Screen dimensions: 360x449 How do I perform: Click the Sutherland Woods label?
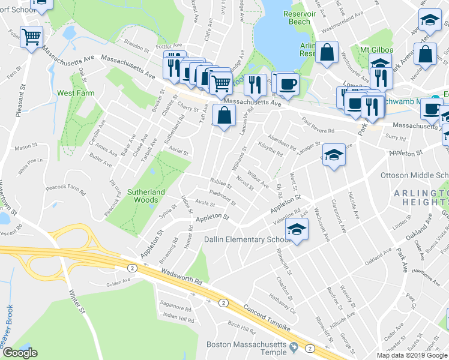[x=145, y=196]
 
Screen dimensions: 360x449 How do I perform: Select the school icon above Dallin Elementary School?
[x=297, y=229]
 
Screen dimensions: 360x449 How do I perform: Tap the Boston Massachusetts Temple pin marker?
[x=294, y=347]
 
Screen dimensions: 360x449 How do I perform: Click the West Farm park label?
[x=72, y=94]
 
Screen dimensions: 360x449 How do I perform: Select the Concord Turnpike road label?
[x=267, y=317]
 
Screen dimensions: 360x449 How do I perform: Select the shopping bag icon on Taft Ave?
[x=223, y=116]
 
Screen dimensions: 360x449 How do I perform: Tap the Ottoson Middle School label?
[x=414, y=175]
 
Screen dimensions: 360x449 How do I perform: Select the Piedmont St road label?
[x=221, y=197]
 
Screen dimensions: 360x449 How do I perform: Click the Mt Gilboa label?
[x=376, y=49]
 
